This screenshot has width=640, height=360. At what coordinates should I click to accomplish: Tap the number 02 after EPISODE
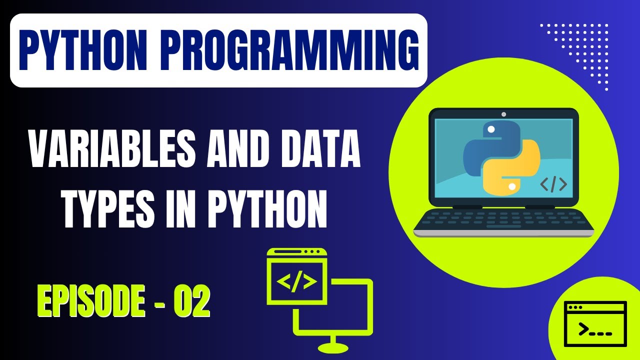(191, 301)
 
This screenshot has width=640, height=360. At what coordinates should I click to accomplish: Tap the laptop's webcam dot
(503, 114)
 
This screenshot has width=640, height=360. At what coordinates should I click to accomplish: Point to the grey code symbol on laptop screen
(553, 184)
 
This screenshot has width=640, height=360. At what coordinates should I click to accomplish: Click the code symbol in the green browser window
(297, 282)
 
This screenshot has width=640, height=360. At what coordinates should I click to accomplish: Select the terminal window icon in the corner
(595, 324)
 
